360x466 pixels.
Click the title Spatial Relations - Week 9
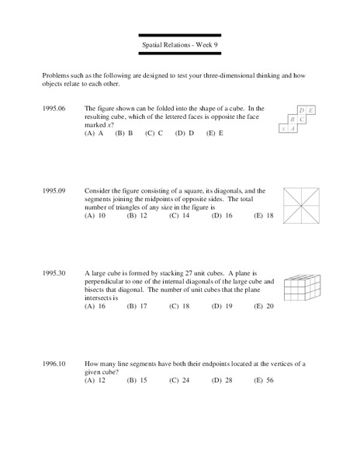tap(180, 46)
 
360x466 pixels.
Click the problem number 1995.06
tap(55, 109)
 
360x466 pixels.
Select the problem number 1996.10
tap(55, 363)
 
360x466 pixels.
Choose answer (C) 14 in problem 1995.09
tap(179, 215)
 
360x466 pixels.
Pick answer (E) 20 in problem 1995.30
tap(265, 306)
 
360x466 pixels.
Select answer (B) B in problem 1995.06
tap(124, 133)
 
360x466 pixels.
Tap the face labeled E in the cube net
tap(311, 111)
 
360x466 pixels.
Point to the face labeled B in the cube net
tap(292, 120)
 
